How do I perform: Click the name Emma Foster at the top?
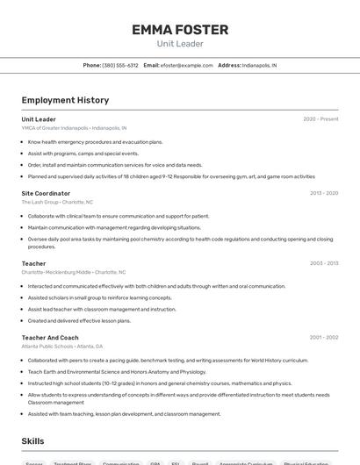pyautogui.click(x=180, y=30)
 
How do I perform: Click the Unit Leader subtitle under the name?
pyautogui.click(x=180, y=44)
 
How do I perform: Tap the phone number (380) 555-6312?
pyautogui.click(x=120, y=66)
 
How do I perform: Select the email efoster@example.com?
pyautogui.click(x=187, y=66)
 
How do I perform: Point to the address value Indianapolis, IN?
pyautogui.click(x=259, y=66)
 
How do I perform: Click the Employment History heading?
pyautogui.click(x=65, y=100)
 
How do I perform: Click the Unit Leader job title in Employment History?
pyautogui.click(x=39, y=119)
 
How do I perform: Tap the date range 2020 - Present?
pyautogui.click(x=320, y=119)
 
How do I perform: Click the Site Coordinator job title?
pyautogui.click(x=46, y=193)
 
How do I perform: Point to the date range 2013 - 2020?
pyautogui.click(x=324, y=193)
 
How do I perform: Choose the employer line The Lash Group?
pyautogui.click(x=57, y=202)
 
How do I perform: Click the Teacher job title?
pyautogui.click(x=33, y=263)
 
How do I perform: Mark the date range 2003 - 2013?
pyautogui.click(x=324, y=263)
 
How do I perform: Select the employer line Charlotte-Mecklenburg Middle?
pyautogui.click(x=73, y=272)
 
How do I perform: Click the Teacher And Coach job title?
pyautogui.click(x=50, y=338)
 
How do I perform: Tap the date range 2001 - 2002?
pyautogui.click(x=324, y=338)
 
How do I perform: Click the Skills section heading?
pyautogui.click(x=33, y=441)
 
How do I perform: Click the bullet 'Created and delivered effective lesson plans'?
pyautogui.click(x=79, y=320)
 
